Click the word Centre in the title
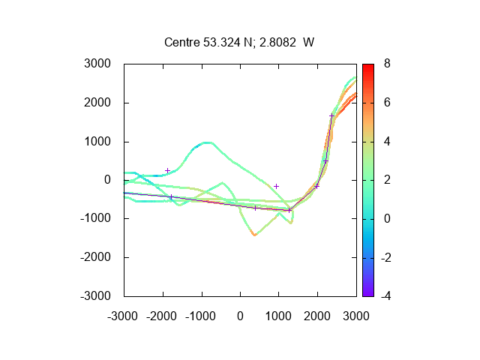[x=182, y=42]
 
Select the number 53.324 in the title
[x=222, y=42]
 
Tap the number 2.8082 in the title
[x=277, y=42]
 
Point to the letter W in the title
[x=308, y=42]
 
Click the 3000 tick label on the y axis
[x=97, y=64]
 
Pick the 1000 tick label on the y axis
[x=97, y=142]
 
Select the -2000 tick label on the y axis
[x=95, y=257]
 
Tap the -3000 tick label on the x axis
[x=122, y=316]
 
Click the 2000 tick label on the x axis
[x=317, y=316]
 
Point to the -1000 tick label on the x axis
[x=200, y=316]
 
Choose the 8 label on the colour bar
[x=387, y=64]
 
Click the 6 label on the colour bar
[x=387, y=103]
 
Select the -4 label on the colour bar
[x=385, y=296]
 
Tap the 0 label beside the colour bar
[x=387, y=218]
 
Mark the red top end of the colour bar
[x=368, y=65]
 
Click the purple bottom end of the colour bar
[x=368, y=295]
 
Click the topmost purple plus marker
[x=331, y=115]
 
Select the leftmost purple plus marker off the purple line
[x=167, y=170]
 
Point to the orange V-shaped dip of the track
[x=254, y=234]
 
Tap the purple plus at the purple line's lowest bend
[x=289, y=210]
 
